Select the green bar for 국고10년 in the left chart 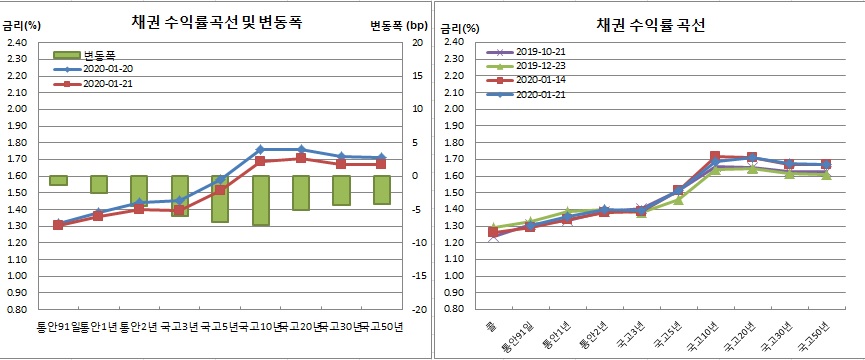click(260, 200)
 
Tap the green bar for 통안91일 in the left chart click(58, 180)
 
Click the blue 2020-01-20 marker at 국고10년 click(260, 149)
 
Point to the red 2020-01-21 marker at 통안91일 click(58, 225)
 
